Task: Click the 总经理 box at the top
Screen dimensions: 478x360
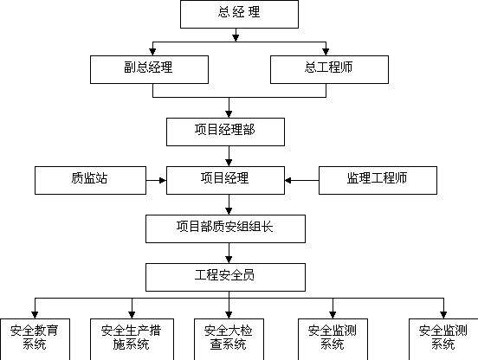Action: (x=239, y=15)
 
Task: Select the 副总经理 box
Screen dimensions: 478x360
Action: (x=149, y=69)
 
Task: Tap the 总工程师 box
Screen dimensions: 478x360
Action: (x=329, y=69)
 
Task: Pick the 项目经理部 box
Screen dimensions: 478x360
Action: (x=226, y=132)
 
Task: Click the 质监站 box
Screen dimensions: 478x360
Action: (x=91, y=180)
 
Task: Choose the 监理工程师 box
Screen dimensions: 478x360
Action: (x=378, y=180)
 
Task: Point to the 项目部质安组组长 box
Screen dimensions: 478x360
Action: (x=226, y=228)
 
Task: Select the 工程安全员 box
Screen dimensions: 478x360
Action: (x=226, y=277)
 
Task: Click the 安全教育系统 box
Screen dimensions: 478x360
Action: (x=35, y=339)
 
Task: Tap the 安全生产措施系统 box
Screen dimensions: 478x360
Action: (x=132, y=339)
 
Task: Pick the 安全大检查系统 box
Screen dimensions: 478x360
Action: (x=229, y=339)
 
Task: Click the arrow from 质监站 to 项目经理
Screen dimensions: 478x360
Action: (x=157, y=180)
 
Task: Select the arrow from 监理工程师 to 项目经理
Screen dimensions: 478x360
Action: (x=302, y=180)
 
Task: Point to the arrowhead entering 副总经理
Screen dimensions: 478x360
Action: (x=152, y=52)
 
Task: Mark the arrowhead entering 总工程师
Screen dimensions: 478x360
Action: (x=326, y=52)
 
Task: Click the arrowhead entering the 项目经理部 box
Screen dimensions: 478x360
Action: (x=229, y=114)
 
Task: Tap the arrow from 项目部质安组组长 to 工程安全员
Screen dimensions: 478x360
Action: (x=229, y=253)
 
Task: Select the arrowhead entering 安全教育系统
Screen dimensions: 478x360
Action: (x=35, y=315)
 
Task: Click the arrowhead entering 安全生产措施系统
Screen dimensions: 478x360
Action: (x=132, y=315)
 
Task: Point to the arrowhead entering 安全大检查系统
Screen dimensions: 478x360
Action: (x=229, y=315)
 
